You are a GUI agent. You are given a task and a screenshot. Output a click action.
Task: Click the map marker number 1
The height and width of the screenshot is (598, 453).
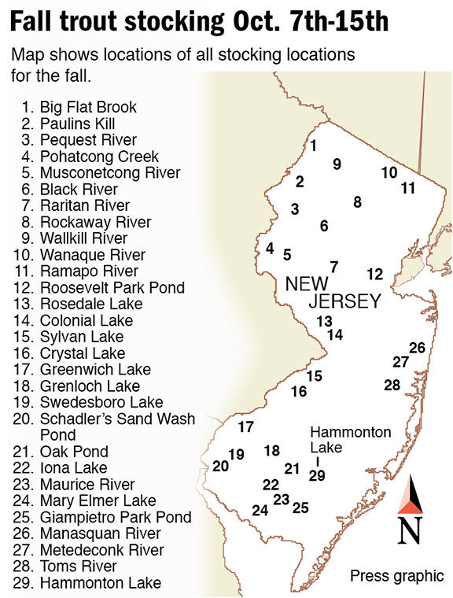pyautogui.click(x=313, y=146)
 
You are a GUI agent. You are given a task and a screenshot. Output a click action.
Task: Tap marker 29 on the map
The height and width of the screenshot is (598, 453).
pyautogui.click(x=317, y=476)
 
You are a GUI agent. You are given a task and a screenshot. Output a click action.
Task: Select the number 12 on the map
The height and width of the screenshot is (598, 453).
pyautogui.click(x=374, y=274)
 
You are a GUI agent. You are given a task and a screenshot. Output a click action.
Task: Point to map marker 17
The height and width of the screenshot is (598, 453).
pyautogui.click(x=246, y=427)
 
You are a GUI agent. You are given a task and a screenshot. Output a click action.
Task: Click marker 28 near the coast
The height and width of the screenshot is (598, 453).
pyautogui.click(x=392, y=385)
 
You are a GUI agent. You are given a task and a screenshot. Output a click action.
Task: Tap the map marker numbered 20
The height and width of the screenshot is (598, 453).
pyautogui.click(x=220, y=467)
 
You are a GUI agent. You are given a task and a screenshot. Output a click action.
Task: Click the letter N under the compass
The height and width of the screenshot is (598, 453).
pyautogui.click(x=408, y=531)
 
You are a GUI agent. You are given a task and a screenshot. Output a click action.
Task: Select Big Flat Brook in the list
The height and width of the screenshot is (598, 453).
pyautogui.click(x=88, y=107)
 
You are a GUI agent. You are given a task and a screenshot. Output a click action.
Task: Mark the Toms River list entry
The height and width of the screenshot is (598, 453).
pyautogui.click(x=78, y=566)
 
